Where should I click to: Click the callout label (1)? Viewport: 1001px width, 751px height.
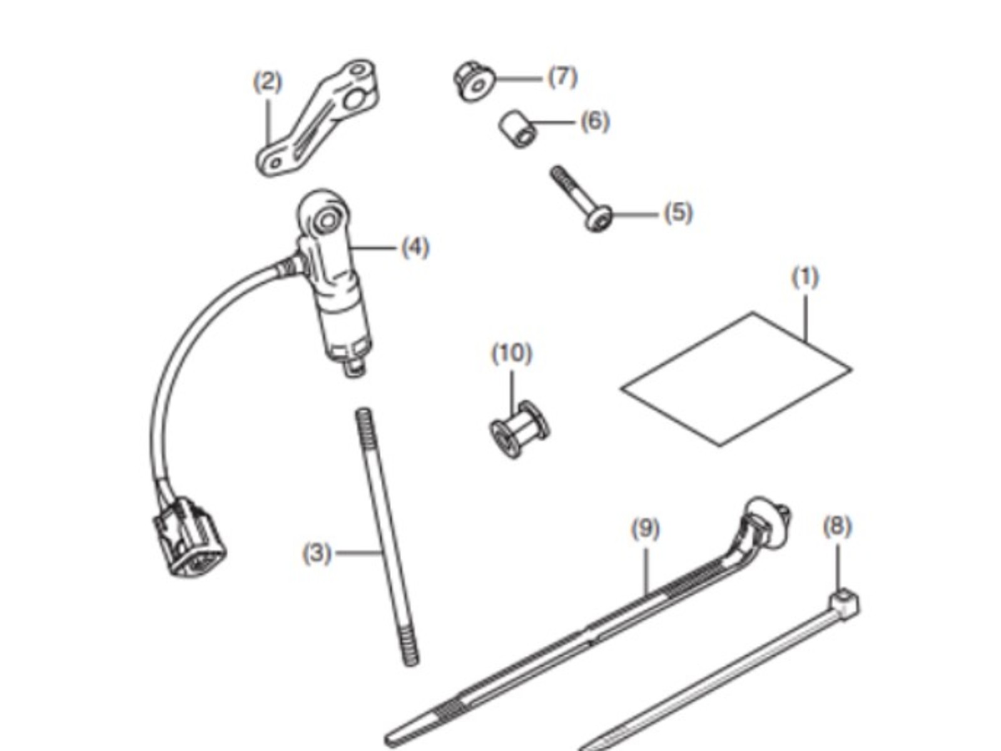(805, 278)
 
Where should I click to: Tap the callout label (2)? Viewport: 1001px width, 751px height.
(268, 82)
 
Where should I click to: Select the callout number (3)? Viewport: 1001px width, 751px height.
(317, 553)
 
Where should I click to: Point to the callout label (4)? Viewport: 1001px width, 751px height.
(415, 248)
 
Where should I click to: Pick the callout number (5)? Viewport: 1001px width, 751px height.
(678, 213)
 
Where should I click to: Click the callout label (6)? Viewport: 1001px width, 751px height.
(595, 121)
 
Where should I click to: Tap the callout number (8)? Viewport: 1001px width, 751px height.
(837, 527)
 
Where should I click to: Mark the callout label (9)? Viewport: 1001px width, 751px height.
(645, 529)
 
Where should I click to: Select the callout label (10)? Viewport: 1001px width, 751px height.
(512, 354)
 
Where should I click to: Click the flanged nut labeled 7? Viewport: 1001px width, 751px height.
(474, 81)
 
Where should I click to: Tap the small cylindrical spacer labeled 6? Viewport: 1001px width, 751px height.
(517, 128)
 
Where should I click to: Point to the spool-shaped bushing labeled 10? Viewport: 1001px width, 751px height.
(520, 429)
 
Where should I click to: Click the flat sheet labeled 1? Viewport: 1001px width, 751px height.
(736, 379)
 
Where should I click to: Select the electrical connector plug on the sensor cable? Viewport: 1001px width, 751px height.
(190, 536)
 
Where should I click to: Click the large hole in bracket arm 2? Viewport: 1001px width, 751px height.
(355, 100)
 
